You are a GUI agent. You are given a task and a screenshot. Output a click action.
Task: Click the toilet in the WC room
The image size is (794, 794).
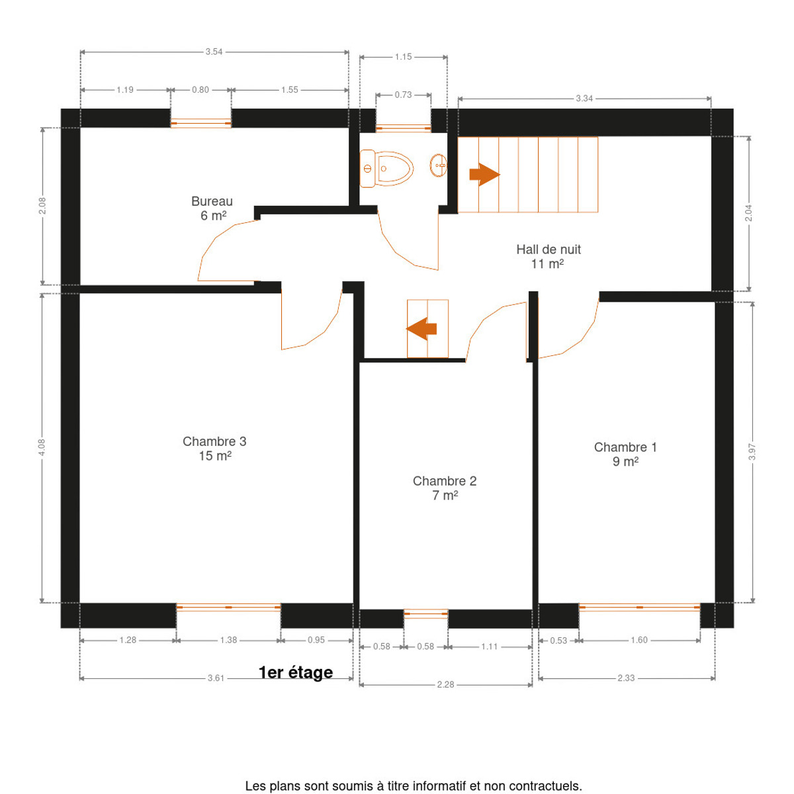click(386, 168)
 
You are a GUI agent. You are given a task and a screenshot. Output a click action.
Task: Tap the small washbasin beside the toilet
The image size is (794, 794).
click(439, 165)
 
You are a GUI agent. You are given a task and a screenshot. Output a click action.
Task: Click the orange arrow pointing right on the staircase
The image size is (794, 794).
click(484, 174)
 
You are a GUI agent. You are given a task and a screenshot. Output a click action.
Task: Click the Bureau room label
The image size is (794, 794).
click(212, 201)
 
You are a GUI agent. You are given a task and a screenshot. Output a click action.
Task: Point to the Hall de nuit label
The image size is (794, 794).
click(548, 249)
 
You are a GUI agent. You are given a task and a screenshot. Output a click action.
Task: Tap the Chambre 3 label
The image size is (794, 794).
click(214, 441)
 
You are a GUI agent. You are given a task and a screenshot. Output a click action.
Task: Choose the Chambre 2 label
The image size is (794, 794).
click(444, 481)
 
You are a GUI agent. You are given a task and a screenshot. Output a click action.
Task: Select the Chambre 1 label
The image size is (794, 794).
click(625, 447)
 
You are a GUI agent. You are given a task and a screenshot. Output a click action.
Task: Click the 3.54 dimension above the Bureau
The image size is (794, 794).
click(214, 52)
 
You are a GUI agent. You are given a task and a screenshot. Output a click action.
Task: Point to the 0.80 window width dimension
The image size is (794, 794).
click(200, 90)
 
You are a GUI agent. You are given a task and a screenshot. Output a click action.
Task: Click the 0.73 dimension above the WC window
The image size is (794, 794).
click(403, 95)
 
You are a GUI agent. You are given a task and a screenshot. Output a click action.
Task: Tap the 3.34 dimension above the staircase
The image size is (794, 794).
click(584, 99)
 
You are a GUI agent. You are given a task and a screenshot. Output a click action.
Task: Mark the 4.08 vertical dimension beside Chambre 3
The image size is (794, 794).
click(42, 447)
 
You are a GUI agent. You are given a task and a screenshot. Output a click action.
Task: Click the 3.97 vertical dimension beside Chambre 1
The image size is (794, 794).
click(752, 452)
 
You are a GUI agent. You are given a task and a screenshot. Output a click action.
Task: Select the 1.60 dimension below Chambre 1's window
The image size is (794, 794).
click(639, 640)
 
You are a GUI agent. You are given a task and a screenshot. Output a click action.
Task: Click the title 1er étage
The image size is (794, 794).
click(295, 672)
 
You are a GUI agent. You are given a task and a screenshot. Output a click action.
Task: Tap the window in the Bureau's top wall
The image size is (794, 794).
click(200, 123)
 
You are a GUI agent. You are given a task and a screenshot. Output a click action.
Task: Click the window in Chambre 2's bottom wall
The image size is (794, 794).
click(425, 613)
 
